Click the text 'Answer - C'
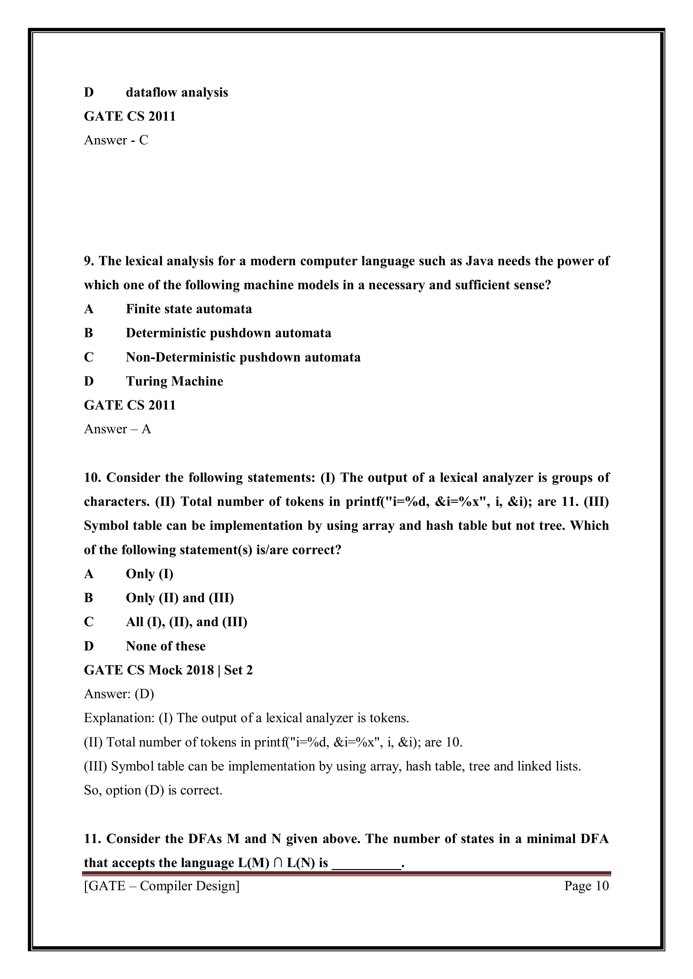click(116, 140)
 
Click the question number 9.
click(88, 261)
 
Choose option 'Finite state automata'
click(188, 309)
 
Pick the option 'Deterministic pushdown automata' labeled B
click(228, 333)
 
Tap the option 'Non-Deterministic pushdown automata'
click(243, 357)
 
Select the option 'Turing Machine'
click(174, 381)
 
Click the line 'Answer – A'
click(117, 429)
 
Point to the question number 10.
click(92, 478)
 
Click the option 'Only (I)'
click(149, 574)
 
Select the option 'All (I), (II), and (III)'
click(186, 622)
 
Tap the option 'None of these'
click(165, 646)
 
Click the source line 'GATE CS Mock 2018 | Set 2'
click(168, 670)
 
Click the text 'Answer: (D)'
click(119, 694)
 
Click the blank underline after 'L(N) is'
click(366, 864)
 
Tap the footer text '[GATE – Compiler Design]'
click(162, 886)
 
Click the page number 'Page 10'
click(586, 886)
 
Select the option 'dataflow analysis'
click(177, 93)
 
